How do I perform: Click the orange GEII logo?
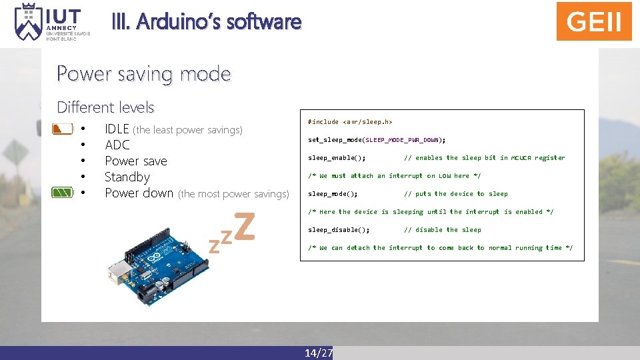(594, 21)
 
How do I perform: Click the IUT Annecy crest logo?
(28, 21)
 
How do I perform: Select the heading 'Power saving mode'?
(143, 73)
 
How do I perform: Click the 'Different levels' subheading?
(105, 107)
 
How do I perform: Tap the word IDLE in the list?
(117, 129)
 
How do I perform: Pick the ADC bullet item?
(117, 145)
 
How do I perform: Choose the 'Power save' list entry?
(136, 161)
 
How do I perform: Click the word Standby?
(127, 177)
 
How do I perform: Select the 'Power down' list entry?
(139, 193)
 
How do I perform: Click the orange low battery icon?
(62, 129)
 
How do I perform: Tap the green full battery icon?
(62, 193)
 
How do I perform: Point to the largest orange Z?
(245, 226)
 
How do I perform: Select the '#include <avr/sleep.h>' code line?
(350, 122)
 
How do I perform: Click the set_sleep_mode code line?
(377, 140)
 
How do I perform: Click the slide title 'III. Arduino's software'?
(219, 22)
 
